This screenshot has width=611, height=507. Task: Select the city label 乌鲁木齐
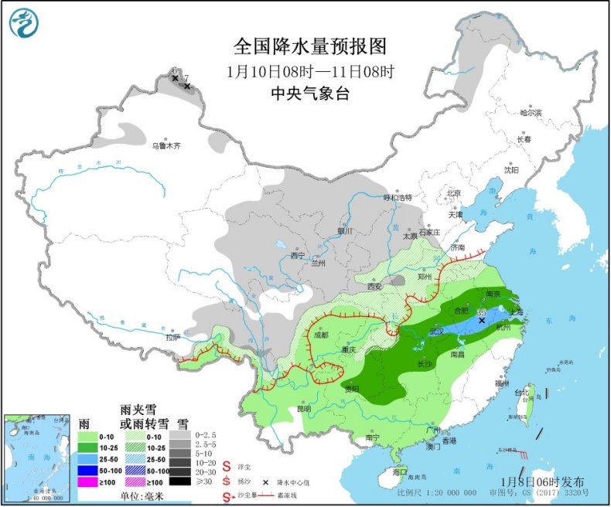(x=166, y=145)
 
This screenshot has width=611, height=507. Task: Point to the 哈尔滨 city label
(x=531, y=113)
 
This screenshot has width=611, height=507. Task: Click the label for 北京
(x=452, y=193)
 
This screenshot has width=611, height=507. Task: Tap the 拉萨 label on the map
(x=172, y=337)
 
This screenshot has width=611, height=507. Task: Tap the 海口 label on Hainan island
(x=399, y=471)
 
